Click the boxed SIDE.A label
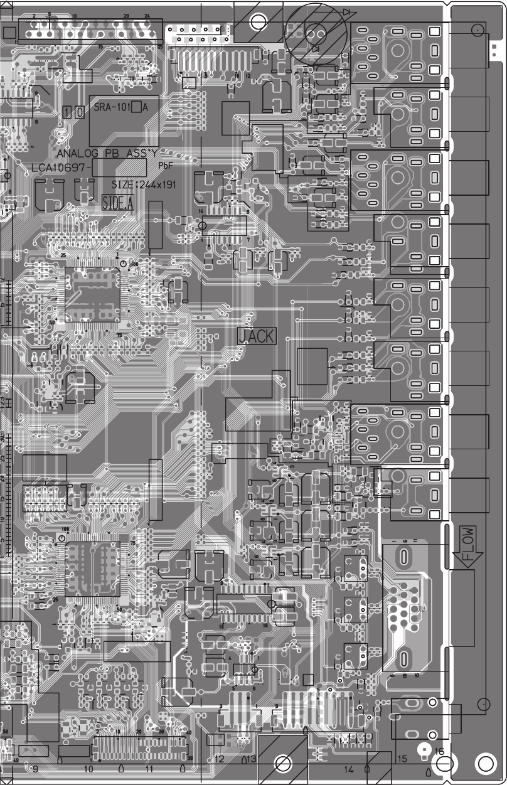point(118,203)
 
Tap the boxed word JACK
point(256,336)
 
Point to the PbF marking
point(166,166)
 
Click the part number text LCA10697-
point(61,168)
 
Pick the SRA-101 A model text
point(121,107)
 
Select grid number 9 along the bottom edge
point(35,768)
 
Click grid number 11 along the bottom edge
point(149,768)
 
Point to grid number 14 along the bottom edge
point(348,769)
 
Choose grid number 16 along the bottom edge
point(439,751)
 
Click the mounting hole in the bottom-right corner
point(486,764)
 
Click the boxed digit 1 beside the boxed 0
point(68,113)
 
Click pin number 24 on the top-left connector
point(147,15)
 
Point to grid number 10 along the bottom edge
point(88,768)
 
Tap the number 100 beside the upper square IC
point(134,264)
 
